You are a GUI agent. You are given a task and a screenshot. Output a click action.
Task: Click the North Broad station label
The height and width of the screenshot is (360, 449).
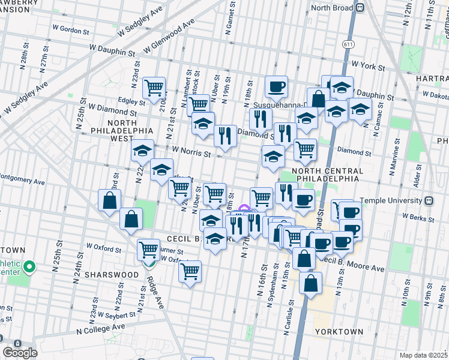(x=331, y=8)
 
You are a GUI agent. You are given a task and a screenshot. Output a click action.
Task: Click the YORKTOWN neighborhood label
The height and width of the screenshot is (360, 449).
(x=339, y=331)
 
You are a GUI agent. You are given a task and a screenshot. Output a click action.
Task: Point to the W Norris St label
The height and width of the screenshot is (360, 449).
(x=191, y=153)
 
